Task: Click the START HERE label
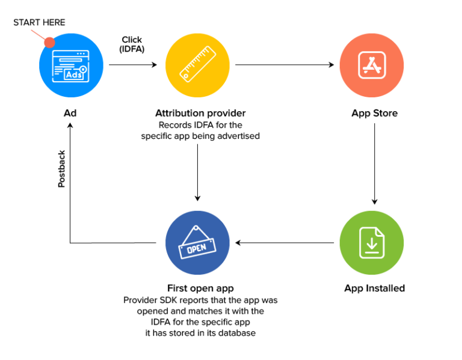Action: tap(39, 22)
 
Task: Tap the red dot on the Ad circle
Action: tap(49, 43)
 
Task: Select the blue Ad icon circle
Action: tap(70, 65)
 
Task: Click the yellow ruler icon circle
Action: tap(198, 65)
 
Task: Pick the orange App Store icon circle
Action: tap(371, 65)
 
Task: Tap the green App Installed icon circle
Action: tap(371, 243)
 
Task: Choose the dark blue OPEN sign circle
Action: tap(198, 243)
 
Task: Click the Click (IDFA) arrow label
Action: tap(132, 44)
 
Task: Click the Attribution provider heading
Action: tap(200, 113)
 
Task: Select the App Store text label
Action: tap(374, 113)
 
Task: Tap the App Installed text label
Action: tap(374, 288)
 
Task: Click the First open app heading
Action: tap(200, 288)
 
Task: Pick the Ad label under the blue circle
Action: tap(70, 113)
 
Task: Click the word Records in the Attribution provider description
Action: tap(174, 125)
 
